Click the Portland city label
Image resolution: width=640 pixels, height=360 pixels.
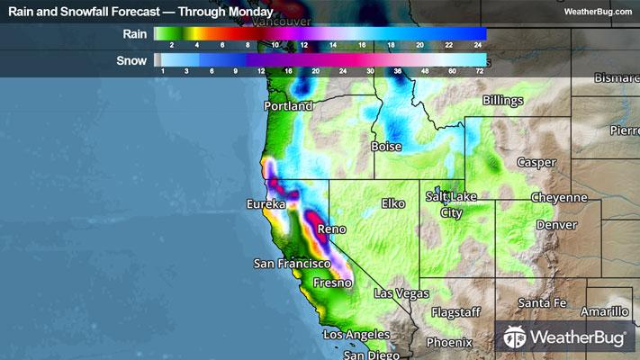(288, 106)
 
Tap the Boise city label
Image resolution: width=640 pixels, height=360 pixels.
(386, 146)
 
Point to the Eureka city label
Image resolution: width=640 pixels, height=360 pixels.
(266, 205)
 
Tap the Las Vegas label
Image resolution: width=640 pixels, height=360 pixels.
(402, 294)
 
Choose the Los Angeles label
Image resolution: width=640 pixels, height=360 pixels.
(358, 335)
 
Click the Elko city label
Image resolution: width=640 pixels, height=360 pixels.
(394, 204)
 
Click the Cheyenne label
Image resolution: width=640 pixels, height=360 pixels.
(559, 197)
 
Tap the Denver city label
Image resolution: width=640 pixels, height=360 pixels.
(555, 224)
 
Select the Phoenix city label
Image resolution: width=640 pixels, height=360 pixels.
(449, 342)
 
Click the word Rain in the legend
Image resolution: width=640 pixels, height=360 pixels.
(134, 33)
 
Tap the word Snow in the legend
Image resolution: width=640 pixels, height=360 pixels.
(132, 60)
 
